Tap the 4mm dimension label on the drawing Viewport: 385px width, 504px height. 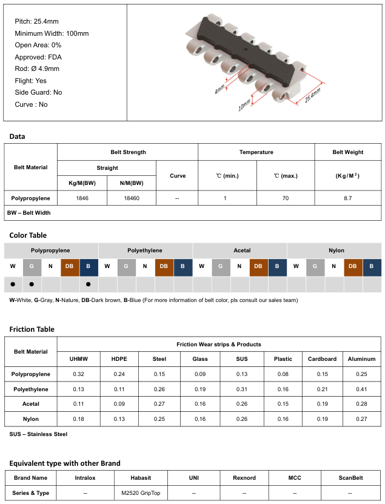220,89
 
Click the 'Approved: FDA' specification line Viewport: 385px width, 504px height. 38,57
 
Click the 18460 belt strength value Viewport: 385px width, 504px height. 131,198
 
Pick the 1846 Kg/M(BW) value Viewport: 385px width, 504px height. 82,198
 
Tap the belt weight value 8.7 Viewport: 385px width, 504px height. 347,198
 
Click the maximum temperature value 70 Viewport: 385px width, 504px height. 286,198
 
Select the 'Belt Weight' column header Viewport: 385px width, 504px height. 348,152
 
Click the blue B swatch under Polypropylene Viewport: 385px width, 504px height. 89,266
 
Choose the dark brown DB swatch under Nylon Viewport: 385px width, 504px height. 353,266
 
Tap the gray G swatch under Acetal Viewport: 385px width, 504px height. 221,266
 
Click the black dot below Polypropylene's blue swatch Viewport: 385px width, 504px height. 89,284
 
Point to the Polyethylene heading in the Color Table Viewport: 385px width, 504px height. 145,250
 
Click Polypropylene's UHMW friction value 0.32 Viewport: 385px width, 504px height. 79,374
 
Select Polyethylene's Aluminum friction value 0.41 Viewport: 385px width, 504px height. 361,389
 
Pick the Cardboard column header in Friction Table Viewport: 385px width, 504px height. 323,359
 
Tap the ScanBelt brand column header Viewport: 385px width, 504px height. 350,477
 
